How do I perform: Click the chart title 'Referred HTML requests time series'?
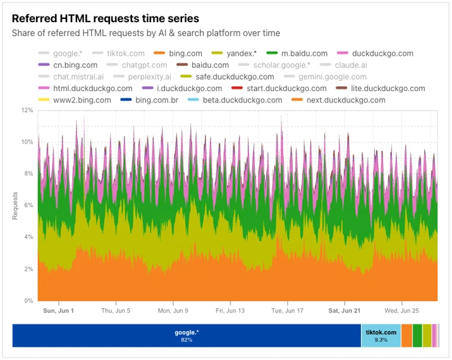click(x=105, y=18)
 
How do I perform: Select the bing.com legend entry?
click(x=178, y=53)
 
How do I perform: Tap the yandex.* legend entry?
click(x=234, y=53)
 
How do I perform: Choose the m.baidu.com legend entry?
click(x=296, y=53)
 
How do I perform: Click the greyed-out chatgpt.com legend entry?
click(x=137, y=65)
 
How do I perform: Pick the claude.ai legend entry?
click(x=343, y=65)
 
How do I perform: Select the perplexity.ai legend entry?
click(x=142, y=77)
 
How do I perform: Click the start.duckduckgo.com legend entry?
click(x=279, y=89)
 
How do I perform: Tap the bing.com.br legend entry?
click(x=149, y=100)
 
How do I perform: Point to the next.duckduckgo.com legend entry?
click(x=338, y=100)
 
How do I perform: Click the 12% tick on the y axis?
click(x=27, y=110)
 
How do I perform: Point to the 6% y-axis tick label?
click(x=28, y=205)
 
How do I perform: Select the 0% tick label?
click(x=28, y=301)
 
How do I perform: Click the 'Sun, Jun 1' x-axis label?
click(x=59, y=311)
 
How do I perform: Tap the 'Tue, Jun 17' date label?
click(x=287, y=311)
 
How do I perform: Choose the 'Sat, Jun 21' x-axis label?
click(x=344, y=311)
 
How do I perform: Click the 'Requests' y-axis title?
click(x=15, y=206)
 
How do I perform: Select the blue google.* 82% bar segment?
click(x=186, y=335)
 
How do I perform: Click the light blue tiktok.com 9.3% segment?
click(x=381, y=335)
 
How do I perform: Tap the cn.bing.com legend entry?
click(x=68, y=65)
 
